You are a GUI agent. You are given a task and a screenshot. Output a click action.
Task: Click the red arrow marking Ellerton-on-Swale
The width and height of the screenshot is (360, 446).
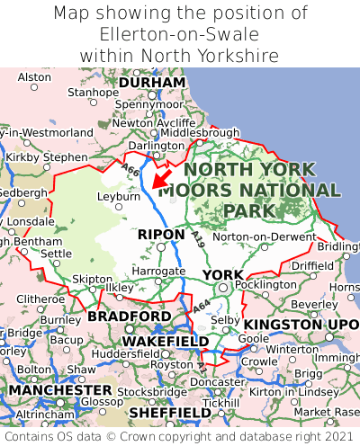160,177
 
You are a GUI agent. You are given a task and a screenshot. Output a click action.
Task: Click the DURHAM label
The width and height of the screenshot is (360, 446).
152,82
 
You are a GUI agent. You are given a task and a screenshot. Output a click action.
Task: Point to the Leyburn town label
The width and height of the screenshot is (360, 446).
117,194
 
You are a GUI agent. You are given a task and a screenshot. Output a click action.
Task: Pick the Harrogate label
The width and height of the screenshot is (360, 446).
158,270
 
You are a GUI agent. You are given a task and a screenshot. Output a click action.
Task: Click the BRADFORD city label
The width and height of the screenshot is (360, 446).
129,317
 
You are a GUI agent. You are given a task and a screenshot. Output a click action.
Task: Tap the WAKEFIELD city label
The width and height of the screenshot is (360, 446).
165,342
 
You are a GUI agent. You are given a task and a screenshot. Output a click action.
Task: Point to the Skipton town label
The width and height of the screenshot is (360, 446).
92,280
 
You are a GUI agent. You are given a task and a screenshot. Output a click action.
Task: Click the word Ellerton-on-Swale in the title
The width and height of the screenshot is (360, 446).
180,34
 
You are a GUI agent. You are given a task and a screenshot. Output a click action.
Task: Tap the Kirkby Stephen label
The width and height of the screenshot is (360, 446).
47,157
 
